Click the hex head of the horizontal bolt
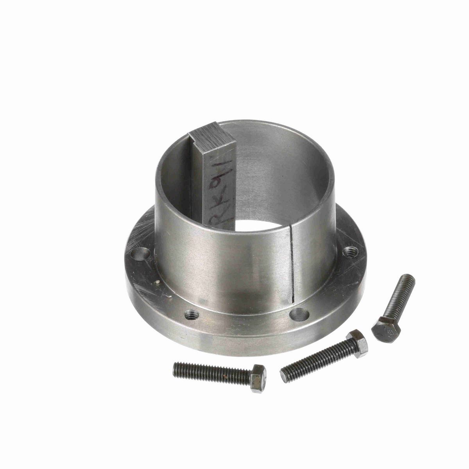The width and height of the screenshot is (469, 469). (x=258, y=377)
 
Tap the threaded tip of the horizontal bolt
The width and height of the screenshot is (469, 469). (x=176, y=367)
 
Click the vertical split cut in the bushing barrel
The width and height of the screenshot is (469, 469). (x=292, y=266)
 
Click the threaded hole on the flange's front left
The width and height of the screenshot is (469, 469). (x=191, y=313)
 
